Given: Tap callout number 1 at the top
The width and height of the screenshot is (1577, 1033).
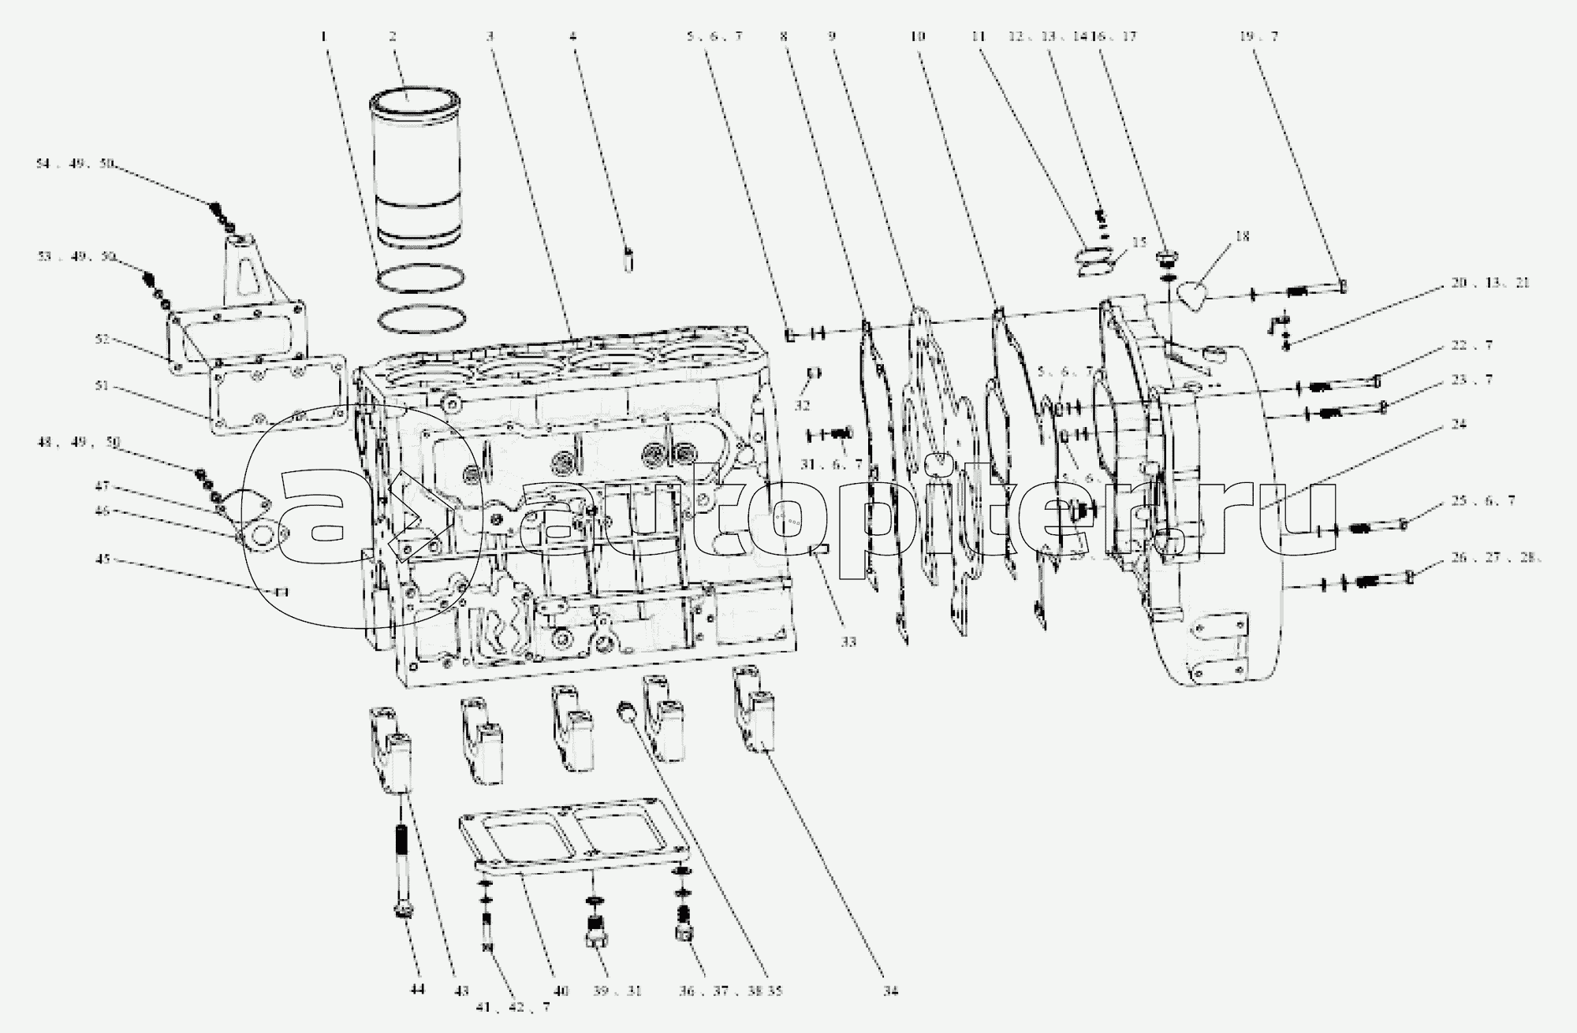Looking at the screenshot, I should tap(322, 35).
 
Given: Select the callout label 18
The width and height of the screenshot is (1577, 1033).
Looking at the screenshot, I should tap(1243, 236).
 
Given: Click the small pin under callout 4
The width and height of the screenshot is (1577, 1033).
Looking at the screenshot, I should tap(628, 258).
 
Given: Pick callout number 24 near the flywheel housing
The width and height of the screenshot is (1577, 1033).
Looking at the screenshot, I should tap(1458, 424).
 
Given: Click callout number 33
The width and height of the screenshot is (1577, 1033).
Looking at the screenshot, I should tap(848, 642).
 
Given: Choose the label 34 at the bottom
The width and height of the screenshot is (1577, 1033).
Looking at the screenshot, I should tap(891, 991).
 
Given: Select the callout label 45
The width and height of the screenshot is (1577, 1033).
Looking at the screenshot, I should tap(103, 559).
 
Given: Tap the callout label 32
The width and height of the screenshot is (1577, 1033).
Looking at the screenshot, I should tap(802, 406).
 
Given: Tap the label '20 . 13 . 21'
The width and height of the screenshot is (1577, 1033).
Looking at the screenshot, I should tap(1489, 282).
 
